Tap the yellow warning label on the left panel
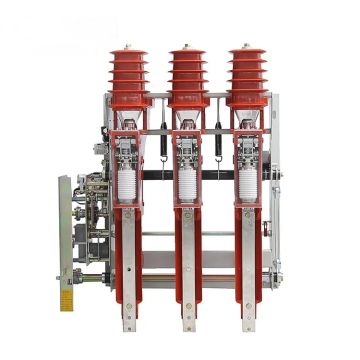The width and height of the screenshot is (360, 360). click(67, 300)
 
